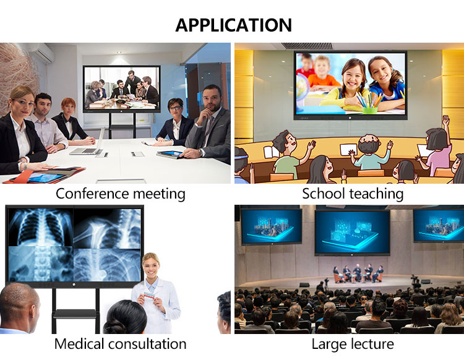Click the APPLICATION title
[234, 25]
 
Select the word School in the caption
[324, 194]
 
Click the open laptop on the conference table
[88, 143]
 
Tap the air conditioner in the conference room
[41, 53]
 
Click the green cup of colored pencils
[370, 110]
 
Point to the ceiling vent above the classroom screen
[306, 46]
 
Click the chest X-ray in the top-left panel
[41, 227]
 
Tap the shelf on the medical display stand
[74, 314]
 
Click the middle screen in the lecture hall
[352, 233]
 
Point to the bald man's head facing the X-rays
[19, 305]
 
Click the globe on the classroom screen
[302, 86]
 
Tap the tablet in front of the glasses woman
[170, 154]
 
